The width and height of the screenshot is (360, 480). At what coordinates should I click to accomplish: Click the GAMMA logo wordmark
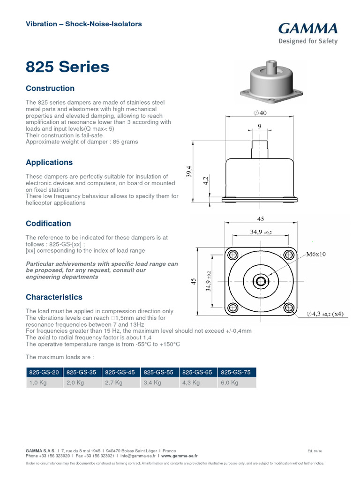tap(308, 29)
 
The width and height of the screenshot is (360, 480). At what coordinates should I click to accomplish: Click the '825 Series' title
tap(67, 67)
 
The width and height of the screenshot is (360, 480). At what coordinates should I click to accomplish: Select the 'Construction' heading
tap(50, 89)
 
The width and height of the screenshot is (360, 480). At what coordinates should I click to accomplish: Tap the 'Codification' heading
tap(48, 224)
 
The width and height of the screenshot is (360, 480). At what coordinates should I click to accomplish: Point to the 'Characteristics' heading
tap(54, 297)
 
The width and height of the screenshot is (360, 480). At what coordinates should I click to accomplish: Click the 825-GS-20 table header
tap(44, 372)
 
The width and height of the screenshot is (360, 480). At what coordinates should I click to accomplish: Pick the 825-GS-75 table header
tap(237, 372)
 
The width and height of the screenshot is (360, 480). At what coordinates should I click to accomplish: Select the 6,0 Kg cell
tap(229, 382)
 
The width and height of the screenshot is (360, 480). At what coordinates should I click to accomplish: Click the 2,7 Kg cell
tap(113, 382)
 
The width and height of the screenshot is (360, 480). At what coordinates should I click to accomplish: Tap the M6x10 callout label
tap(318, 255)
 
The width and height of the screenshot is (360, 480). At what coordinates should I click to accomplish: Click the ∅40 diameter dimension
tap(260, 113)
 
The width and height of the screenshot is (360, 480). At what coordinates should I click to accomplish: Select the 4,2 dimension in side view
tap(205, 182)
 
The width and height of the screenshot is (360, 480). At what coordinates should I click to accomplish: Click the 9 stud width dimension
tap(260, 126)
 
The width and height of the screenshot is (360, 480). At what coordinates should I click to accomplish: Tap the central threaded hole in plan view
tap(260, 281)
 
